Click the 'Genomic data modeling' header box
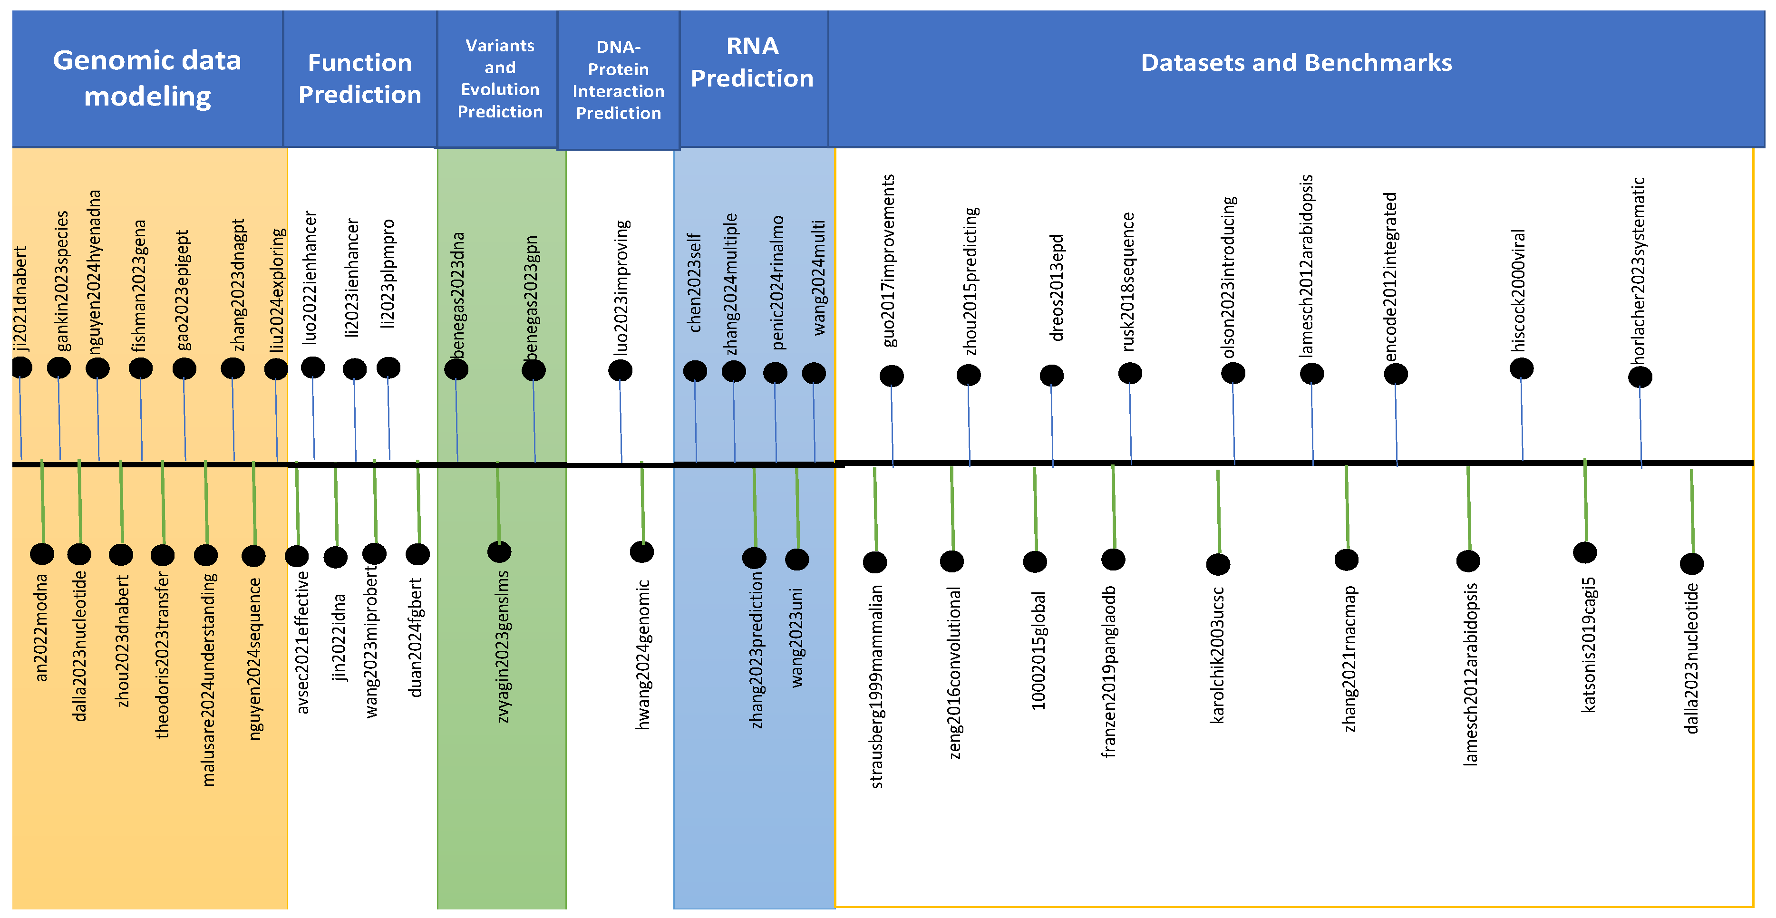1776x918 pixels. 147,78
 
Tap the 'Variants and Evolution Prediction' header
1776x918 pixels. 500,78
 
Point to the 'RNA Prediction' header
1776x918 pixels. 752,62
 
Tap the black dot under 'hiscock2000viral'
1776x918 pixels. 1521,369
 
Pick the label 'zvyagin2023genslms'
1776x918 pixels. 503,646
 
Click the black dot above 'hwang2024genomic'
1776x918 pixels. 642,551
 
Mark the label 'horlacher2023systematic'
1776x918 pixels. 1638,270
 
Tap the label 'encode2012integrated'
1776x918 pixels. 1390,276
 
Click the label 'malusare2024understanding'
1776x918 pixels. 208,679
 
